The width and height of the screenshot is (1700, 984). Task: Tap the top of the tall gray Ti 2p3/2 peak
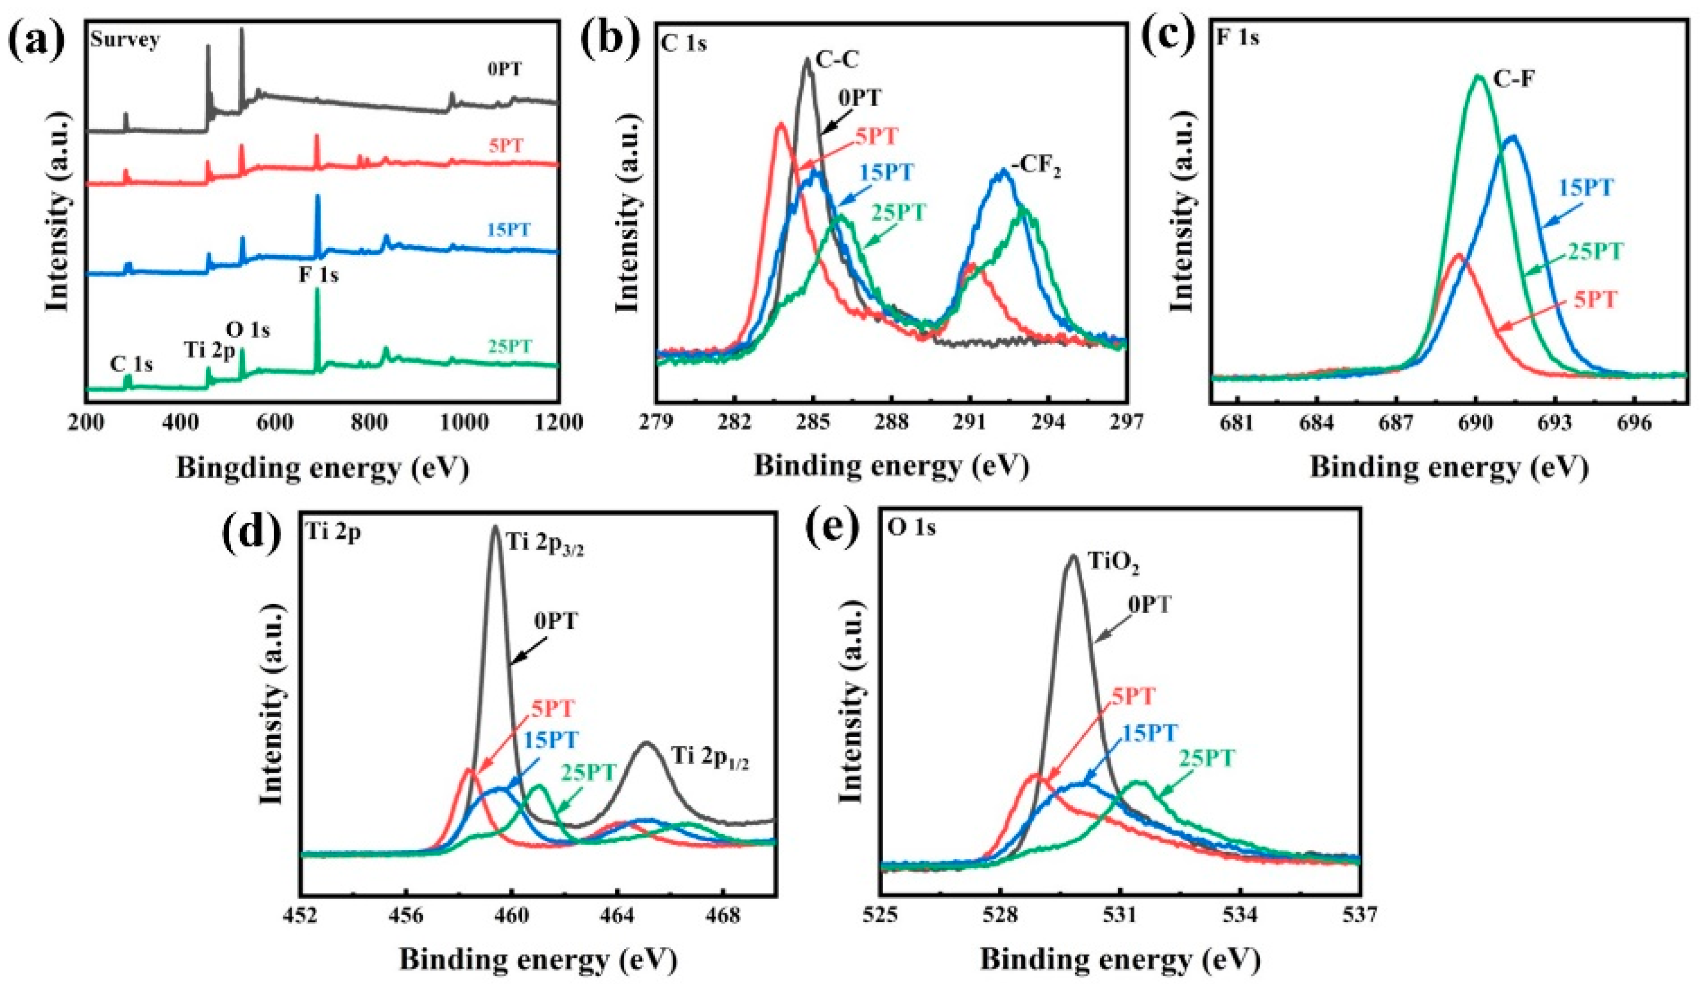(495, 527)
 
